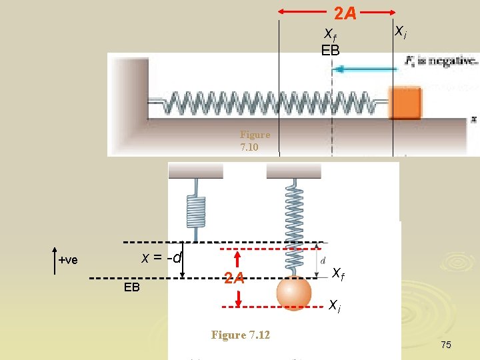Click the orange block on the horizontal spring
click(405, 103)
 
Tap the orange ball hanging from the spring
click(294, 292)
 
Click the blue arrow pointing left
click(363, 68)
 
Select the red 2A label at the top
click(345, 13)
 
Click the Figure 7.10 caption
click(255, 141)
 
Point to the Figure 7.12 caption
click(240, 335)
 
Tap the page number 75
click(445, 345)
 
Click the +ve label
click(67, 260)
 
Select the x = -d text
click(161, 257)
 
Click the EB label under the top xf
click(330, 50)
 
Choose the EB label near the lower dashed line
click(132, 288)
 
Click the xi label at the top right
click(401, 31)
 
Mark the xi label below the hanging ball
click(335, 305)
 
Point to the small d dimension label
click(323, 260)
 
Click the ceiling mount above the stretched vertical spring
click(293, 171)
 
